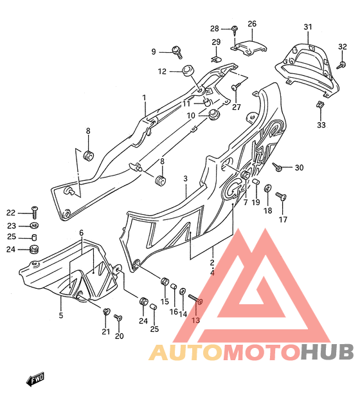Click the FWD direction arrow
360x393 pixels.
click(x=35, y=379)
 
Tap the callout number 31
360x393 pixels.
click(x=308, y=27)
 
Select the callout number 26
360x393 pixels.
click(x=252, y=24)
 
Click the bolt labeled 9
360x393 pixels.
click(x=177, y=52)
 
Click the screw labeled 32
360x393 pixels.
click(x=341, y=65)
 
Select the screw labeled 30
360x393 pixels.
click(x=277, y=167)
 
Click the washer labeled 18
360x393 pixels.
click(x=267, y=188)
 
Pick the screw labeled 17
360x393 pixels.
click(x=281, y=196)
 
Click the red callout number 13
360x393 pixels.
click(x=195, y=320)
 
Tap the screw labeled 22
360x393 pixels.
click(x=34, y=212)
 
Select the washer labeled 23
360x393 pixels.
click(x=34, y=225)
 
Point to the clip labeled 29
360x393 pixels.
click(x=216, y=60)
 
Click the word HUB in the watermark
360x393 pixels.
click(x=327, y=351)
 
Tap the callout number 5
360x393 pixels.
click(x=61, y=315)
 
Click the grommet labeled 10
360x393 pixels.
click(x=214, y=114)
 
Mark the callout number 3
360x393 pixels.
click(x=185, y=178)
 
